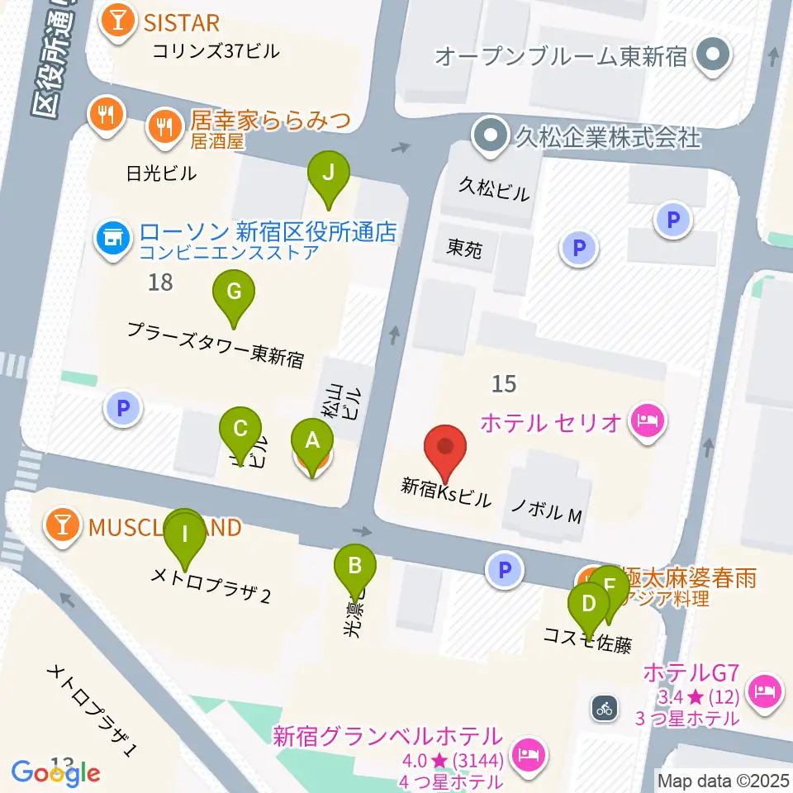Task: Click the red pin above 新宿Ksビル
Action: pos(446,450)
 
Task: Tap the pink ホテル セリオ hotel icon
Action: pos(648,422)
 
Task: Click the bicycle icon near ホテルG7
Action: pos(605,707)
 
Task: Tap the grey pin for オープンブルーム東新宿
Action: pos(710,56)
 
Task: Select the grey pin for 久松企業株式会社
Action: pos(492,135)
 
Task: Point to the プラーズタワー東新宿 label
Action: pos(215,344)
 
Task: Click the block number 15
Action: pos(504,383)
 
